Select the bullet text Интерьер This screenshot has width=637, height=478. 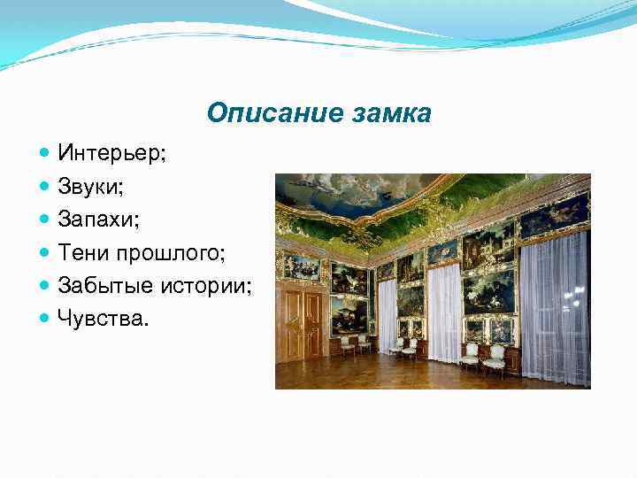111,153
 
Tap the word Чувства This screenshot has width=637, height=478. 103,318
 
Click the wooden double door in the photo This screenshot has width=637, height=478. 303,324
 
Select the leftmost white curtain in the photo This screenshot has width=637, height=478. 388,315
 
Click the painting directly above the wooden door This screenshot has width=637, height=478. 301,267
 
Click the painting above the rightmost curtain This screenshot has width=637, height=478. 555,215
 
